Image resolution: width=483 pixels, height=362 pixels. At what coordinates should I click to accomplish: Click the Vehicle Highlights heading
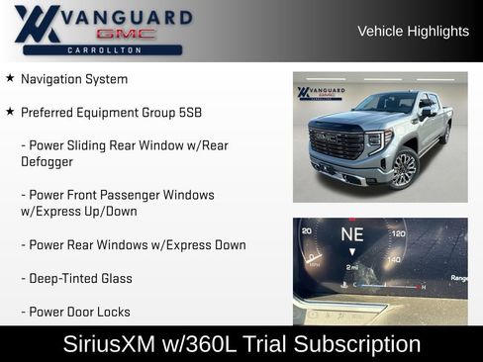click(413, 32)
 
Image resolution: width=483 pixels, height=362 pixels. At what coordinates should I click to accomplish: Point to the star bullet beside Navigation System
click(10, 78)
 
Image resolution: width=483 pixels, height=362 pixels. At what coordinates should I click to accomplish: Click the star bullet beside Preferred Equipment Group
click(10, 112)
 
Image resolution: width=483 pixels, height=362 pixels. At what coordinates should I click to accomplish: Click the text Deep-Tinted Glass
click(76, 278)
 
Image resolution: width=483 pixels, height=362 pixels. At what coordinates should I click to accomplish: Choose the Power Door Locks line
click(75, 312)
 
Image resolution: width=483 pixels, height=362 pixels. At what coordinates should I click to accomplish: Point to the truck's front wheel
click(403, 168)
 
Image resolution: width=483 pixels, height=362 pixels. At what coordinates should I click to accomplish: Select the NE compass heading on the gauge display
click(352, 234)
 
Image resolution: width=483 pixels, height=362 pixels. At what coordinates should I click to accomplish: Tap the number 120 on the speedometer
click(398, 233)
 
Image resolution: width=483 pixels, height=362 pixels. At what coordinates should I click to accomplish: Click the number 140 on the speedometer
click(394, 259)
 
